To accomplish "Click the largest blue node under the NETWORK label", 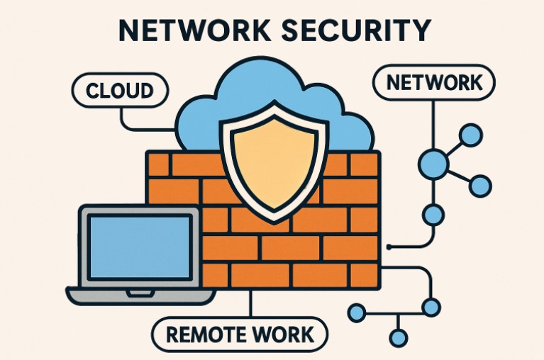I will click(x=433, y=164).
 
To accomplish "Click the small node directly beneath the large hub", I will click(x=433, y=213).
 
